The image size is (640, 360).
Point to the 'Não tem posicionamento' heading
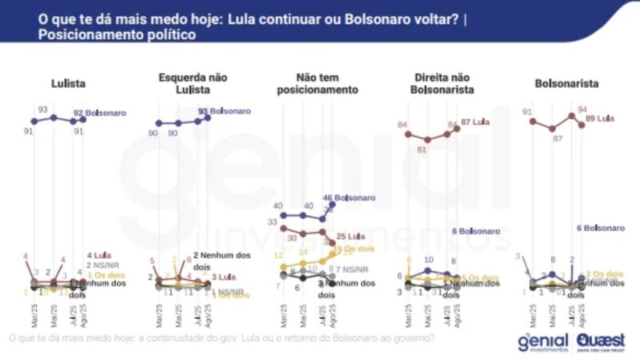click(317, 84)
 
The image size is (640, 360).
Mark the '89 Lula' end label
click(599, 118)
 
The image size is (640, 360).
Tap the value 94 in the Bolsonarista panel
click(583, 109)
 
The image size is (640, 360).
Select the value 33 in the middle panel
click(273, 222)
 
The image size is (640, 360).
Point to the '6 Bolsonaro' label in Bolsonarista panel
click(600, 229)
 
